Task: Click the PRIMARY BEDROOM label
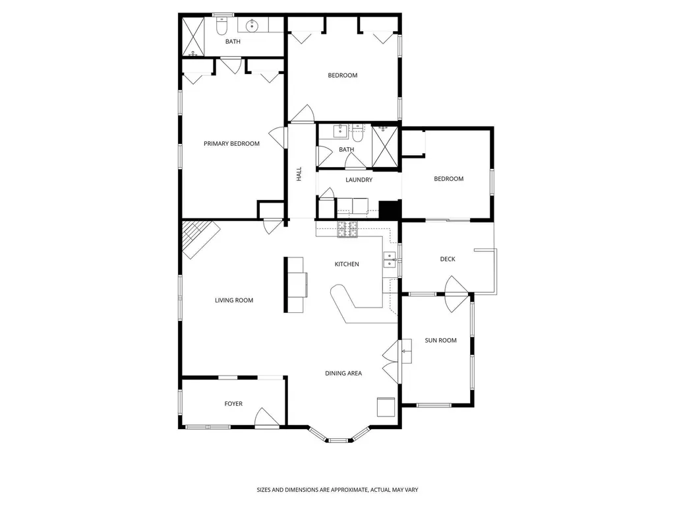point(231,143)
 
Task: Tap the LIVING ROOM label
point(234,300)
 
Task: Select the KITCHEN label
point(347,264)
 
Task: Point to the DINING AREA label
point(343,373)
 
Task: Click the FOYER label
point(233,403)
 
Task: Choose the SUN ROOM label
point(440,341)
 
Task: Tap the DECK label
point(448,259)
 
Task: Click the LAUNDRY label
point(359,180)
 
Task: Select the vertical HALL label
point(299,174)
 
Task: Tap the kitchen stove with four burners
point(347,229)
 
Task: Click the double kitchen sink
point(390,259)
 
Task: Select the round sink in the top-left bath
point(252,26)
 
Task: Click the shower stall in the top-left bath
point(193,36)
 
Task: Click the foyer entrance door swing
point(268,417)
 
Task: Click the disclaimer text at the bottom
point(337,490)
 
